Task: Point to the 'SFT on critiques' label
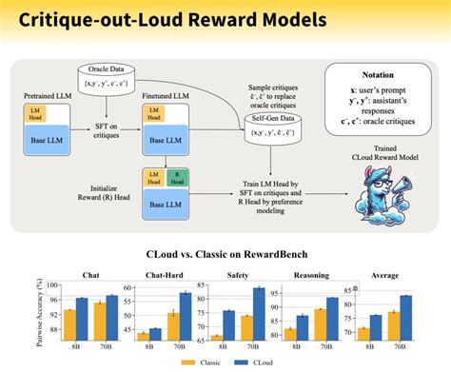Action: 110,130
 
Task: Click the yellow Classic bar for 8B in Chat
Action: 69,325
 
